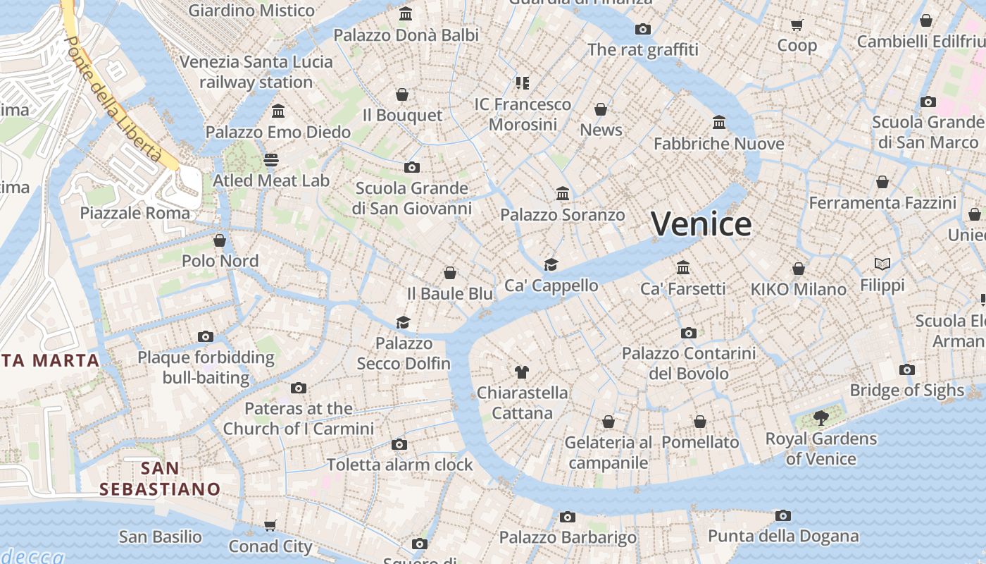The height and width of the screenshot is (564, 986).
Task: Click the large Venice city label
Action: click(x=701, y=224)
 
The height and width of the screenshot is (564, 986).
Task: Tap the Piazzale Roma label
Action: click(x=135, y=213)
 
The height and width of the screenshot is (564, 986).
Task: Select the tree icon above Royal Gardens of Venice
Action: click(x=820, y=418)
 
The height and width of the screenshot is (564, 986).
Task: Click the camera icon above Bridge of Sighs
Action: click(x=907, y=369)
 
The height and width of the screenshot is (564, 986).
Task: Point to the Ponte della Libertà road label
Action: click(x=112, y=99)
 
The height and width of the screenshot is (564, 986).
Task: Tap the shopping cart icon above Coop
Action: click(x=797, y=25)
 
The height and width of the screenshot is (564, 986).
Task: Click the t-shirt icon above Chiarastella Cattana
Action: click(x=521, y=372)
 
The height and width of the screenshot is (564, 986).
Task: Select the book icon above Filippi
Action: click(x=882, y=264)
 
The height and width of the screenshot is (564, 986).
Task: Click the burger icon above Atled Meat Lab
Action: click(x=271, y=159)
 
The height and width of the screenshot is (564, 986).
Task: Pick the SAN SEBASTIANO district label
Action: click(x=160, y=478)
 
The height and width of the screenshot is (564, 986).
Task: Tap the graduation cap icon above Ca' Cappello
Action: click(x=551, y=264)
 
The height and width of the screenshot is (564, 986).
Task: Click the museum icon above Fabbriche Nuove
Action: click(x=718, y=123)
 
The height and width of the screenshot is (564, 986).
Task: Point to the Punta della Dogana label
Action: click(x=783, y=536)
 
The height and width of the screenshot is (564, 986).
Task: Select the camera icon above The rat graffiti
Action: click(x=642, y=29)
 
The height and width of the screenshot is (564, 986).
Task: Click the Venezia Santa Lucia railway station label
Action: click(x=256, y=72)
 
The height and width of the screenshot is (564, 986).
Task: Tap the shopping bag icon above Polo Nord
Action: click(x=220, y=240)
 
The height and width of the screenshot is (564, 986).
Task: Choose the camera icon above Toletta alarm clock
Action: click(x=399, y=444)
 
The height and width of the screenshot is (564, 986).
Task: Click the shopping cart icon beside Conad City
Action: click(x=270, y=525)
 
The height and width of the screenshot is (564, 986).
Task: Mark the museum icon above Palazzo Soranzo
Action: click(x=562, y=193)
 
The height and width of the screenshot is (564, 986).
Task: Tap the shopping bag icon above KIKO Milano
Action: click(x=798, y=269)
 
